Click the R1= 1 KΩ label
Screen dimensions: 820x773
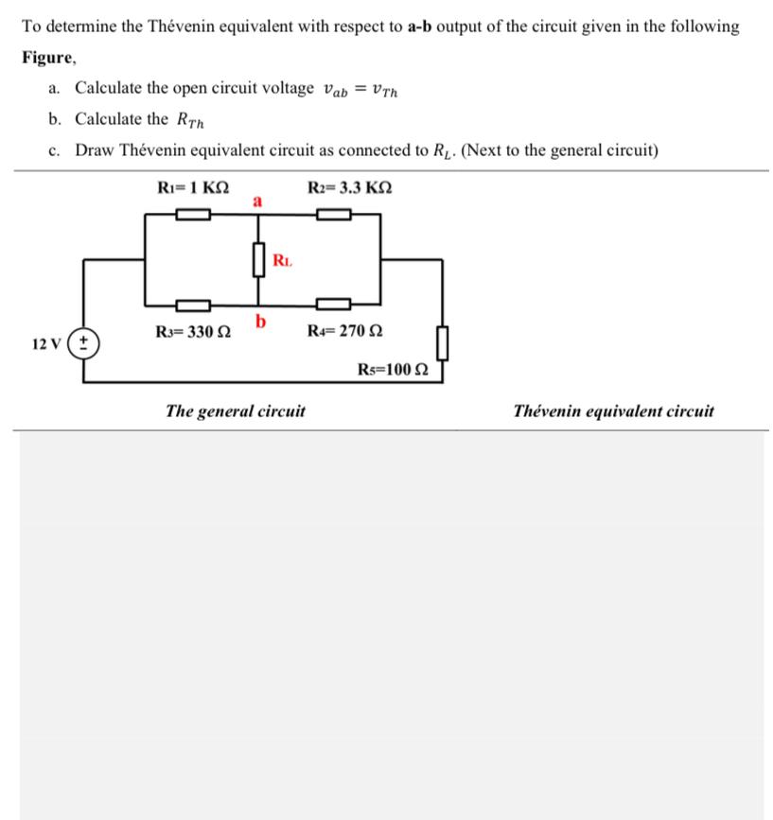pos(192,186)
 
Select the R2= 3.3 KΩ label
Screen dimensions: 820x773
pos(349,186)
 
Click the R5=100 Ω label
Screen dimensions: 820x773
pos(394,369)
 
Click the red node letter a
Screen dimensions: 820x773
pos(256,200)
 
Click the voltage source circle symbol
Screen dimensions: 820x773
pos(85,341)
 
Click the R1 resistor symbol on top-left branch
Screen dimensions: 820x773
pos(192,215)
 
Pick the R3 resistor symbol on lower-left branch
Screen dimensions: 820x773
pos(192,305)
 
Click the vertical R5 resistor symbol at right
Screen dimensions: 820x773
pos(441,340)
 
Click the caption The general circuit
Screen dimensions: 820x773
pos(235,411)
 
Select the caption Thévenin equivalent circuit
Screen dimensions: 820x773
pos(613,411)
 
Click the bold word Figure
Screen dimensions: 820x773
pos(48,57)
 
